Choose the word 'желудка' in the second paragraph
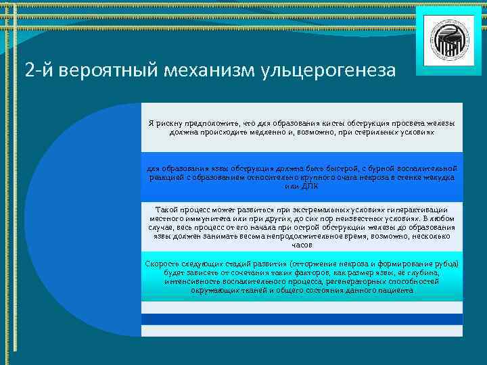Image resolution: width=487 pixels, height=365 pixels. pyautogui.click(x=438, y=176)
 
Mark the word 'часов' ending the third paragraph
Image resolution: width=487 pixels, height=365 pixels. pyautogui.click(x=302, y=245)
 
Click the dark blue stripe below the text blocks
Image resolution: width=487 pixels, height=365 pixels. pyautogui.click(x=302, y=318)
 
